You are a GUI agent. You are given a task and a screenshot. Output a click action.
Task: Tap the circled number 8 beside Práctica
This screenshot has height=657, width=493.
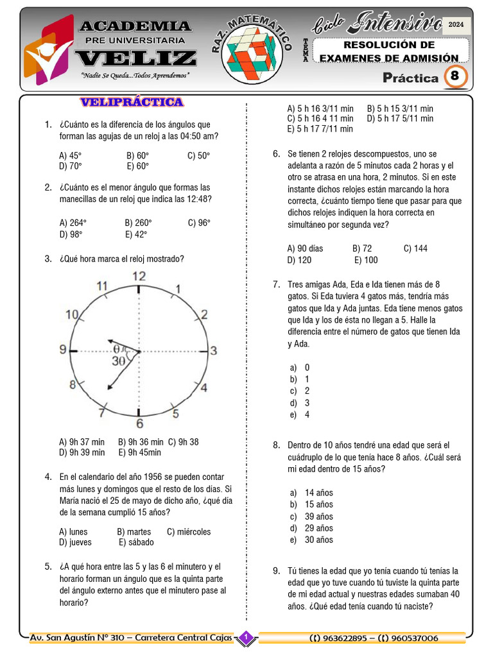point(454,77)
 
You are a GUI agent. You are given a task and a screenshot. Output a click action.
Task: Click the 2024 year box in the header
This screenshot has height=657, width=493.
point(456,24)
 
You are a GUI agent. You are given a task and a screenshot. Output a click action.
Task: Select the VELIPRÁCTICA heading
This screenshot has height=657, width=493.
point(132,102)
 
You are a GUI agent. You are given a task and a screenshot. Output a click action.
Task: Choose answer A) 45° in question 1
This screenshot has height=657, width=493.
point(70,155)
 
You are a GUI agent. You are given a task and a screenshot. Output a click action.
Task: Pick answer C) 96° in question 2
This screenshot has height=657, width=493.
point(199,223)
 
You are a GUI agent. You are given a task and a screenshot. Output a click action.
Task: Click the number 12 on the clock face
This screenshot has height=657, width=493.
point(139,277)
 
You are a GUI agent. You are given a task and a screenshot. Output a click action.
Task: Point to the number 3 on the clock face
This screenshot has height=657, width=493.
point(214,350)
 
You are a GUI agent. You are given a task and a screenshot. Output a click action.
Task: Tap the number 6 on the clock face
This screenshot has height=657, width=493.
point(139,423)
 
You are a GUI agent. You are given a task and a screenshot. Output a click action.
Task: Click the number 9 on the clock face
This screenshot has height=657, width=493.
point(63,350)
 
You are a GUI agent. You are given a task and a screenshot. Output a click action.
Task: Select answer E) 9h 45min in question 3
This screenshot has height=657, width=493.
point(139,452)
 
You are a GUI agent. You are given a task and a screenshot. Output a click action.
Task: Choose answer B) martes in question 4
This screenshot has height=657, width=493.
point(134,531)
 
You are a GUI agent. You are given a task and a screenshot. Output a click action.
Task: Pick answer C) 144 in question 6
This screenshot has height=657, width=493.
point(415,248)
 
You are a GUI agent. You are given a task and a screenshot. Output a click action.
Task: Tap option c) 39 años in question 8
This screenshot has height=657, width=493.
point(311,516)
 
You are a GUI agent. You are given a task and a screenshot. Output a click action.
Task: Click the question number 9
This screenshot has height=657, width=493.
point(276,570)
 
